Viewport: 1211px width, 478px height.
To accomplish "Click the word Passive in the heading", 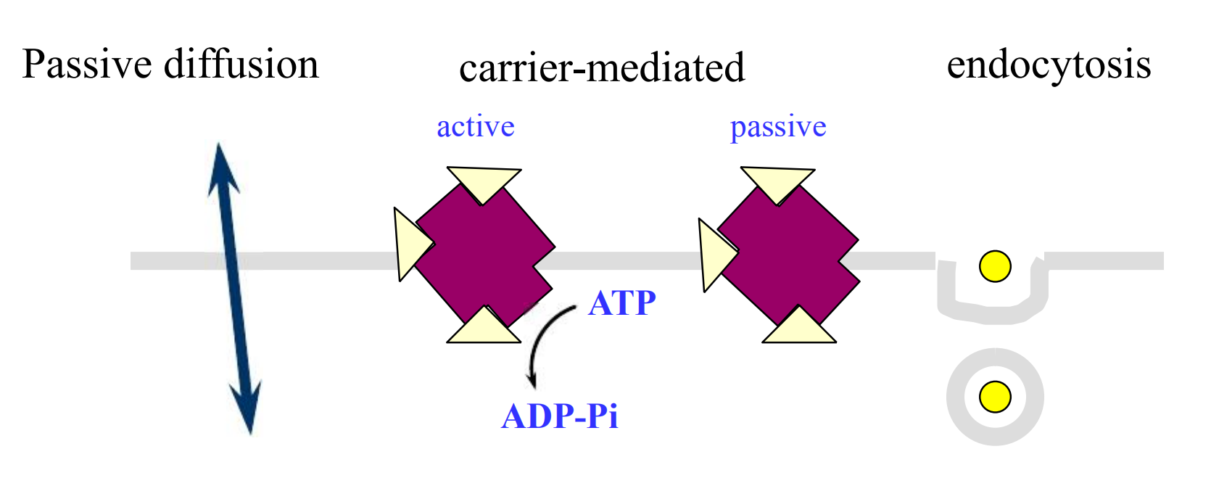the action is [x=87, y=65].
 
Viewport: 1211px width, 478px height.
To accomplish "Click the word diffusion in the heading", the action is [x=241, y=64].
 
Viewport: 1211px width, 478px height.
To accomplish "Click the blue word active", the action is [x=476, y=127].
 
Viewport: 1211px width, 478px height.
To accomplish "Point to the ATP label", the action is [x=622, y=302].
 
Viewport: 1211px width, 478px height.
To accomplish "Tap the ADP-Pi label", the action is [x=560, y=416].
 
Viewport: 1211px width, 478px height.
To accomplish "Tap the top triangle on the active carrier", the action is [x=484, y=181].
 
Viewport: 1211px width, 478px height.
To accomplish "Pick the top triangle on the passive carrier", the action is [x=777, y=181].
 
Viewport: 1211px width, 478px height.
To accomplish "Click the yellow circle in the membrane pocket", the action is [x=996, y=267].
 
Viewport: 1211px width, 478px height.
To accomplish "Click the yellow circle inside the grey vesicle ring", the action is [x=996, y=396].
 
